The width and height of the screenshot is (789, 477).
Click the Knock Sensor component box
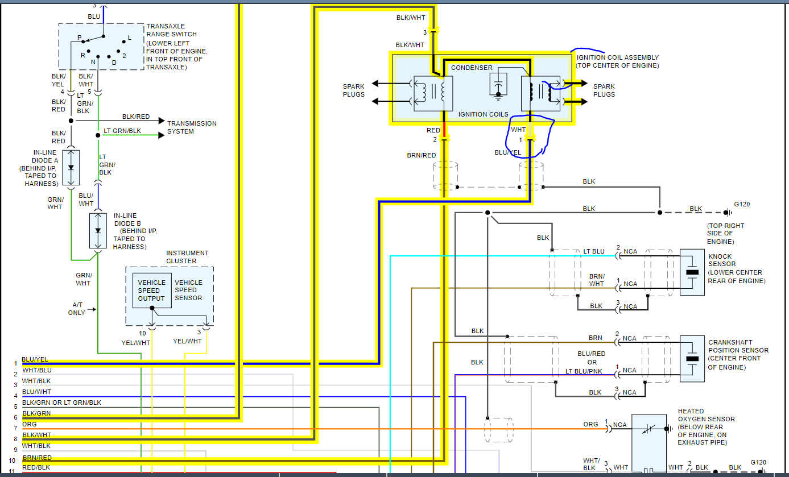click(x=692, y=272)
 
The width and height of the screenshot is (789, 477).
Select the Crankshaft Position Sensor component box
click(x=692, y=358)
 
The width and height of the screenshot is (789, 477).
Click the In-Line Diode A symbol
click(x=71, y=168)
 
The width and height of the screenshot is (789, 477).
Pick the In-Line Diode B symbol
click(x=98, y=230)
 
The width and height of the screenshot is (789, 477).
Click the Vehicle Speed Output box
click(x=151, y=291)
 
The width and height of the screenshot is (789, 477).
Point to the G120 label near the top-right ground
click(x=742, y=204)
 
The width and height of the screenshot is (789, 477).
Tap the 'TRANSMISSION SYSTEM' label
click(x=191, y=127)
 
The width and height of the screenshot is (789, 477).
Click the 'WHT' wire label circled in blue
click(x=518, y=130)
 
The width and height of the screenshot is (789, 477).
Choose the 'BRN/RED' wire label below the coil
click(x=421, y=155)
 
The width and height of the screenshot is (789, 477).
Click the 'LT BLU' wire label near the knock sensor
click(x=594, y=251)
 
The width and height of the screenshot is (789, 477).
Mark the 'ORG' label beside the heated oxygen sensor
click(x=590, y=424)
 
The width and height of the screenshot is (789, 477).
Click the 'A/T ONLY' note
click(x=76, y=309)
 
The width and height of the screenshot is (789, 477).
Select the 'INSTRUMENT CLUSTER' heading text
click(x=187, y=257)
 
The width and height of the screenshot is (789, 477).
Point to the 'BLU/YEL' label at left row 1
click(x=35, y=359)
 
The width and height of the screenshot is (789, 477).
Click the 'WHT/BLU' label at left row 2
click(x=36, y=370)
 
